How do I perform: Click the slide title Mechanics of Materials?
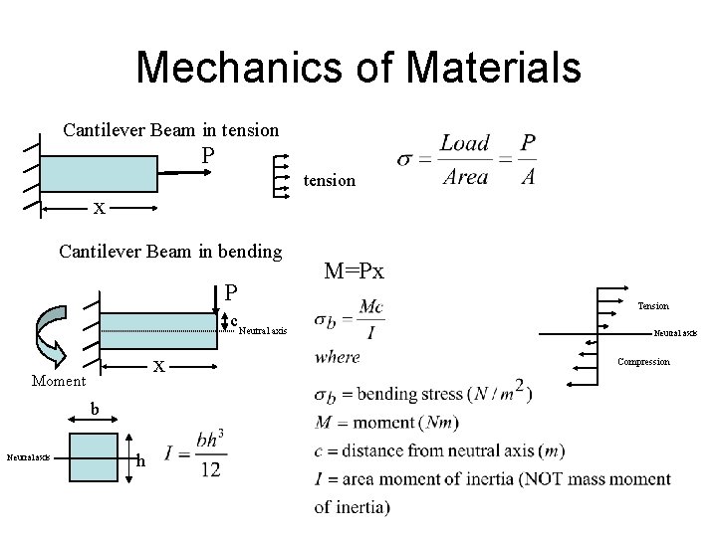click(x=358, y=68)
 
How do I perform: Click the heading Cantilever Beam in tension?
click(x=170, y=129)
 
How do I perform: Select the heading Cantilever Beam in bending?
click(x=170, y=251)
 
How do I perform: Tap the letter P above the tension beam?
click(x=207, y=156)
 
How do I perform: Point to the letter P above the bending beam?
click(x=231, y=293)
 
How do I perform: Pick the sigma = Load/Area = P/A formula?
click(x=467, y=160)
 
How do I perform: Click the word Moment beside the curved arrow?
click(x=59, y=381)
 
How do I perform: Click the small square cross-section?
click(x=95, y=457)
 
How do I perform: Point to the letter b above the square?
click(x=95, y=408)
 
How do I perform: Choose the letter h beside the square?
click(x=142, y=460)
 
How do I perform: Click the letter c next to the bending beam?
click(x=234, y=320)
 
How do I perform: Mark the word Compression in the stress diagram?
click(x=643, y=362)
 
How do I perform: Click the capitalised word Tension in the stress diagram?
click(x=653, y=306)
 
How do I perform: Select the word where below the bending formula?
click(x=337, y=358)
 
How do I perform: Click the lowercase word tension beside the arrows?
click(x=329, y=180)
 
